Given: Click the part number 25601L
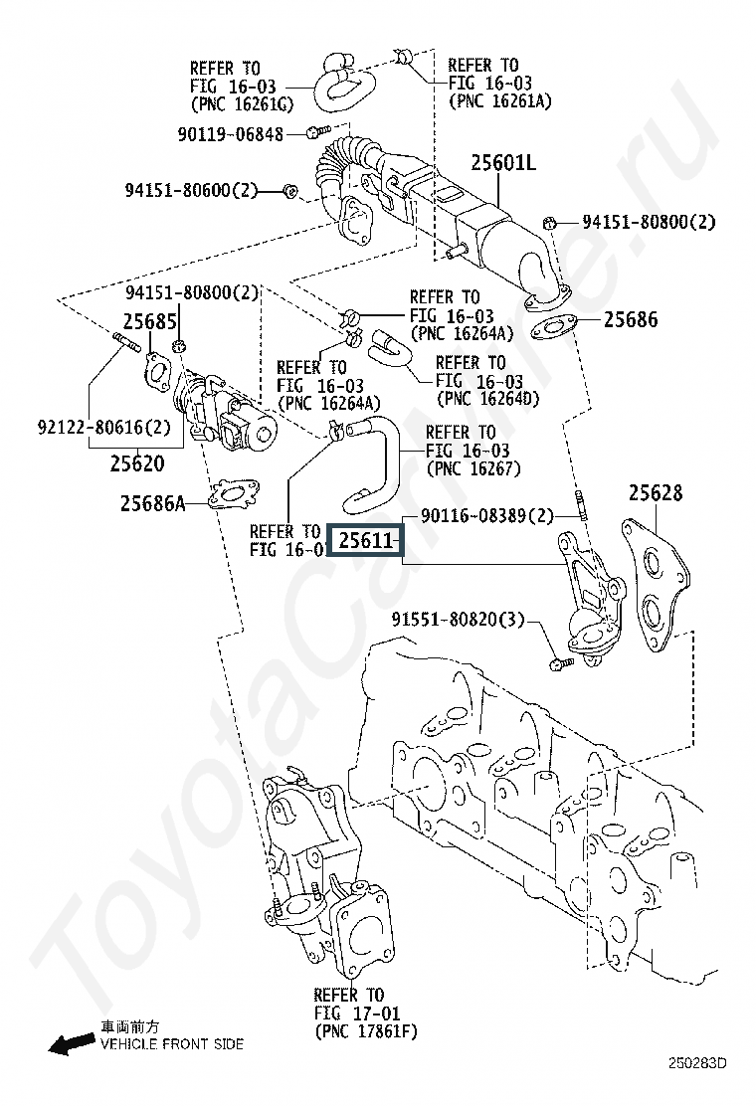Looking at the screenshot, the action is click(x=502, y=163).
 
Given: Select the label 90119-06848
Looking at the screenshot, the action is click(x=230, y=134).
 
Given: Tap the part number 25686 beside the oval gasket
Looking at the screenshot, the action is click(x=631, y=319).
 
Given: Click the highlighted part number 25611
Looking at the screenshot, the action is click(x=365, y=541).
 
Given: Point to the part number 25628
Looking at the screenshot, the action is click(x=656, y=492).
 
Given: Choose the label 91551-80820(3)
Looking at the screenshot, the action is click(x=459, y=620).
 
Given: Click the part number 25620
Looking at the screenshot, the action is click(x=137, y=463).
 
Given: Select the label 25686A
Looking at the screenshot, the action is click(x=153, y=503).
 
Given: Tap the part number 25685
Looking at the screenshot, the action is click(x=149, y=321).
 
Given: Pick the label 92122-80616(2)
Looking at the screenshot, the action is click(x=104, y=427).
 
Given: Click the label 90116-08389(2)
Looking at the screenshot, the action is click(x=487, y=515).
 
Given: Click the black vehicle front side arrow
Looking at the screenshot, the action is click(x=72, y=1043).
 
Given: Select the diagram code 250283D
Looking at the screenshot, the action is click(x=697, y=1063).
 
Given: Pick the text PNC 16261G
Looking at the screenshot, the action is click(x=241, y=103).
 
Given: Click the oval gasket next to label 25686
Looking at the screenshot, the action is click(x=554, y=327).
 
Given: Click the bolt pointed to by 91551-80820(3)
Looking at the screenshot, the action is click(x=561, y=663).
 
